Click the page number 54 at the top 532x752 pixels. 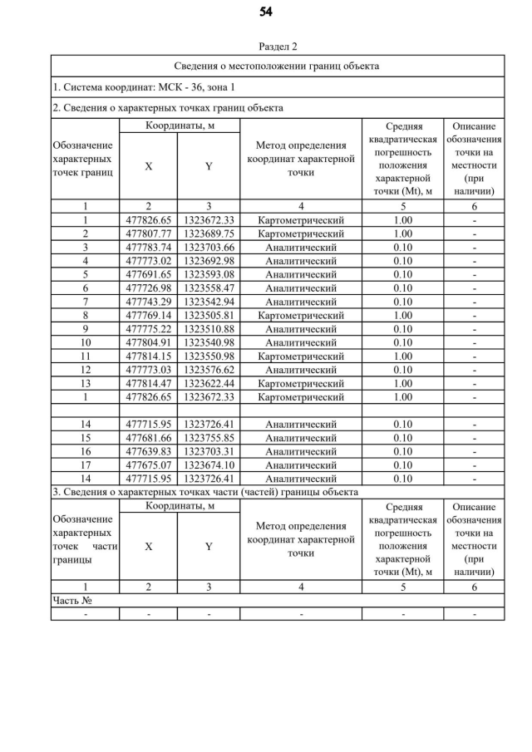266,12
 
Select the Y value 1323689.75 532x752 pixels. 209,234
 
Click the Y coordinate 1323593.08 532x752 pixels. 209,275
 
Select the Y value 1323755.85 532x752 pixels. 209,438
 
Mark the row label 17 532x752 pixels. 85,465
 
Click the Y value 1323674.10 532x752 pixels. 209,465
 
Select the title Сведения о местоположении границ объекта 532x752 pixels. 278,66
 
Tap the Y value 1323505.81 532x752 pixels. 209,316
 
